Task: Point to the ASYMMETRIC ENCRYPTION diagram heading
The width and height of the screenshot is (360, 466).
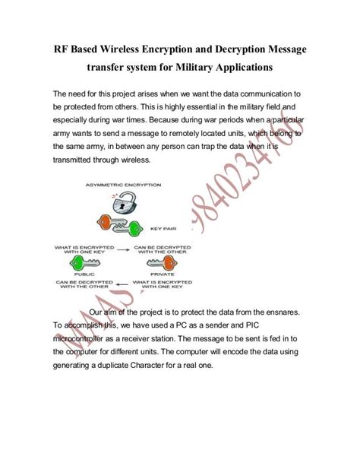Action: point(125,185)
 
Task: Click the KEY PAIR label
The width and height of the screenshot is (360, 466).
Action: point(164,227)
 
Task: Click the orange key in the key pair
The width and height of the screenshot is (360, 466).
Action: point(111,221)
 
